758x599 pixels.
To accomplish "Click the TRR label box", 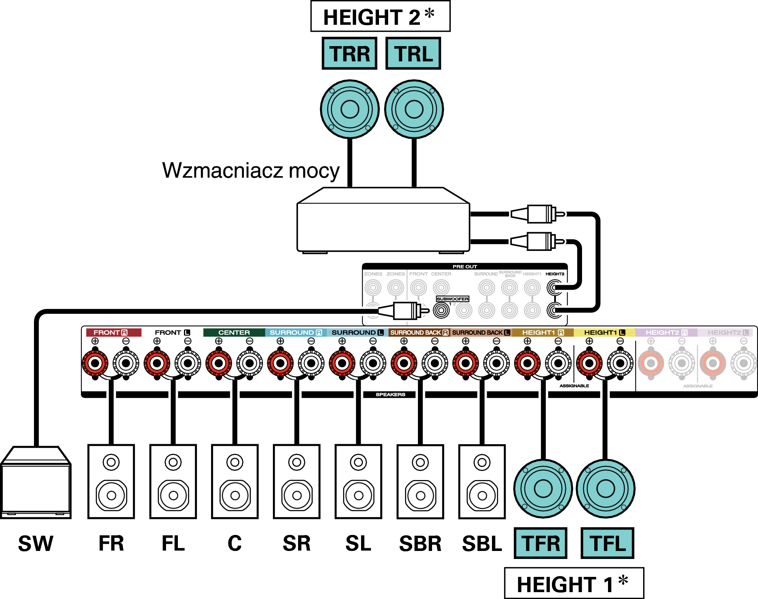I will [x=349, y=53].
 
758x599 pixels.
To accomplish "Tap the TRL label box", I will [x=413, y=53].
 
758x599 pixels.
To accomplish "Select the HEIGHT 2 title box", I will [x=380, y=16].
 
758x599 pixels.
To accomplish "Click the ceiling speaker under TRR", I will [x=350, y=109].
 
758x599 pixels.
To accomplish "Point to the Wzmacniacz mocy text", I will [x=251, y=170].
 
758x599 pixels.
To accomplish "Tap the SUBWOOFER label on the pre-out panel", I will [x=452, y=299].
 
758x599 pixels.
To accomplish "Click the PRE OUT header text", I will [x=464, y=267].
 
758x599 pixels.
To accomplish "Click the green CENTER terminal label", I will [x=234, y=332].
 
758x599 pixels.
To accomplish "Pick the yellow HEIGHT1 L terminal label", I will [x=604, y=332].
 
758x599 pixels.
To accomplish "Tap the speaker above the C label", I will [x=235, y=481].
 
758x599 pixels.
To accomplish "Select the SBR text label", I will [x=420, y=543].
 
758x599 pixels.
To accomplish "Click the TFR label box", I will [x=540, y=543].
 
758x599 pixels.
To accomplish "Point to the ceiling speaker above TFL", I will [x=605, y=488].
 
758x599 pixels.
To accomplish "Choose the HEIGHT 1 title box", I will [x=574, y=583].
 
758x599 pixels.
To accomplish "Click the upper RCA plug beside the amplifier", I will [x=538, y=214].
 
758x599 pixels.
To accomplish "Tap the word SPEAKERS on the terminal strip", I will [x=390, y=395].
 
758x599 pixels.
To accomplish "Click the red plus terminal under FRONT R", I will [x=95, y=363].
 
